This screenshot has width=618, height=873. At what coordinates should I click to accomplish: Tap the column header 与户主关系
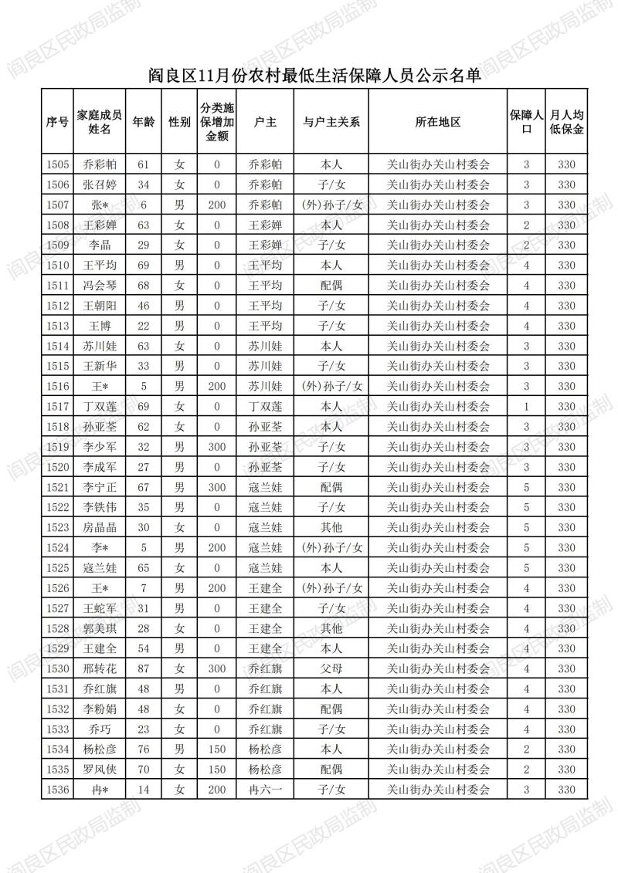[331, 122]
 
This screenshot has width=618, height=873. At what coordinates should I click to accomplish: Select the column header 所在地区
[437, 122]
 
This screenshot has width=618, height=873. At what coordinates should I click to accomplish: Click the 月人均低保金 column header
[566, 122]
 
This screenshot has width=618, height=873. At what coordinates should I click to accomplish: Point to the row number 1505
[58, 164]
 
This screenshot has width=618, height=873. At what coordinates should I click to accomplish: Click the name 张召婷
[100, 184]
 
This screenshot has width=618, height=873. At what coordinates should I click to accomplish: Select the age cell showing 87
[143, 668]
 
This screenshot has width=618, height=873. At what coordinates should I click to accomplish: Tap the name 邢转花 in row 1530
[100, 668]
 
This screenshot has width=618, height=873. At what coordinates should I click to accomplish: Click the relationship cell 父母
[331, 668]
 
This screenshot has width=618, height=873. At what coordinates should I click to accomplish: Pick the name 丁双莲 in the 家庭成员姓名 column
[100, 406]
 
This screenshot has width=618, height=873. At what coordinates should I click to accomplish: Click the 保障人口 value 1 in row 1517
[526, 406]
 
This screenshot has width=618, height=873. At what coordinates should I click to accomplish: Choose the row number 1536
[58, 790]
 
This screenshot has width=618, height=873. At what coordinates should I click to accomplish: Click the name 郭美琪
[100, 628]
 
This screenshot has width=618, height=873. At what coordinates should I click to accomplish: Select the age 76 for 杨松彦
[143, 749]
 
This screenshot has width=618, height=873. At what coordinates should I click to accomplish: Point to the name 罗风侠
[100, 770]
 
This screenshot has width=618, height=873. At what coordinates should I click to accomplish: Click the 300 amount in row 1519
[217, 447]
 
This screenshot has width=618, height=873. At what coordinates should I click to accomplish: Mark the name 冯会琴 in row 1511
[100, 286]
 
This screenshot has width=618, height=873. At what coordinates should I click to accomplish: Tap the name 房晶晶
[100, 527]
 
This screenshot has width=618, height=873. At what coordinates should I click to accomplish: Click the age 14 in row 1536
[143, 790]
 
